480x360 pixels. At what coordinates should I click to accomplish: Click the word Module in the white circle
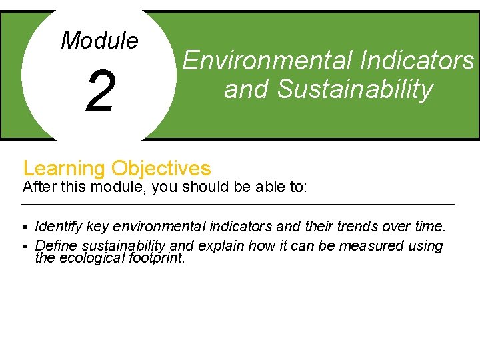point(99,41)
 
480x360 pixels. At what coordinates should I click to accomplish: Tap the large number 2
point(100,93)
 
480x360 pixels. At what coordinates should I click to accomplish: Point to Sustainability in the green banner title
point(355,89)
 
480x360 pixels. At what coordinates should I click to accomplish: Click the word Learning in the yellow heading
point(65,168)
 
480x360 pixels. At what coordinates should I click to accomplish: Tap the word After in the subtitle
point(39,187)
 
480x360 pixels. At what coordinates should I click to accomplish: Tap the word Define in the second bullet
point(56,246)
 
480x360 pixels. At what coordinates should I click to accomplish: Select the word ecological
point(90,258)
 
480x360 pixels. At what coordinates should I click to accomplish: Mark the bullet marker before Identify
point(25,228)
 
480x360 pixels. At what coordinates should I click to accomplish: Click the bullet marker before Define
point(25,247)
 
